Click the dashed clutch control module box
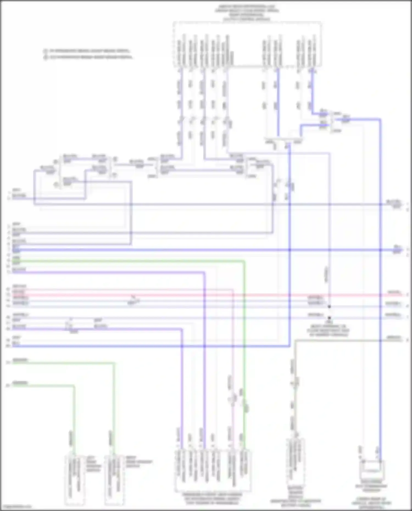pyautogui.click(x=247, y=44)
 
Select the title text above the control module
pyautogui.click(x=247, y=12)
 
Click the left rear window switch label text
pyautogui.click(x=93, y=464)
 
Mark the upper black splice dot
pyautogui.click(x=329, y=306)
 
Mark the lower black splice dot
pyautogui.click(x=329, y=317)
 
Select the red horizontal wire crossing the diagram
pyautogui.click(x=206, y=295)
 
